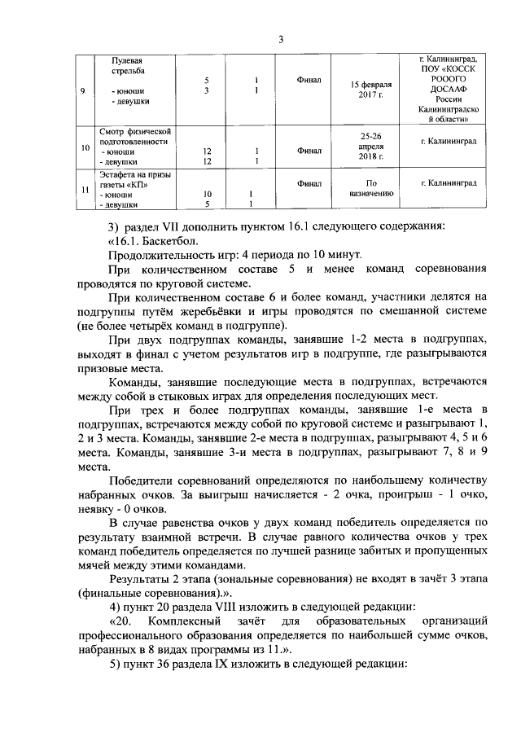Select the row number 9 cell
click(x=85, y=90)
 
